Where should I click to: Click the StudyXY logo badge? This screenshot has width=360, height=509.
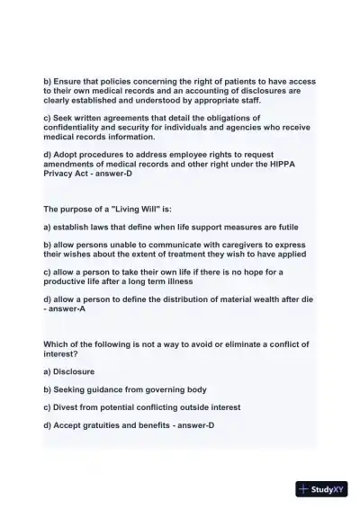(x=322, y=489)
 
